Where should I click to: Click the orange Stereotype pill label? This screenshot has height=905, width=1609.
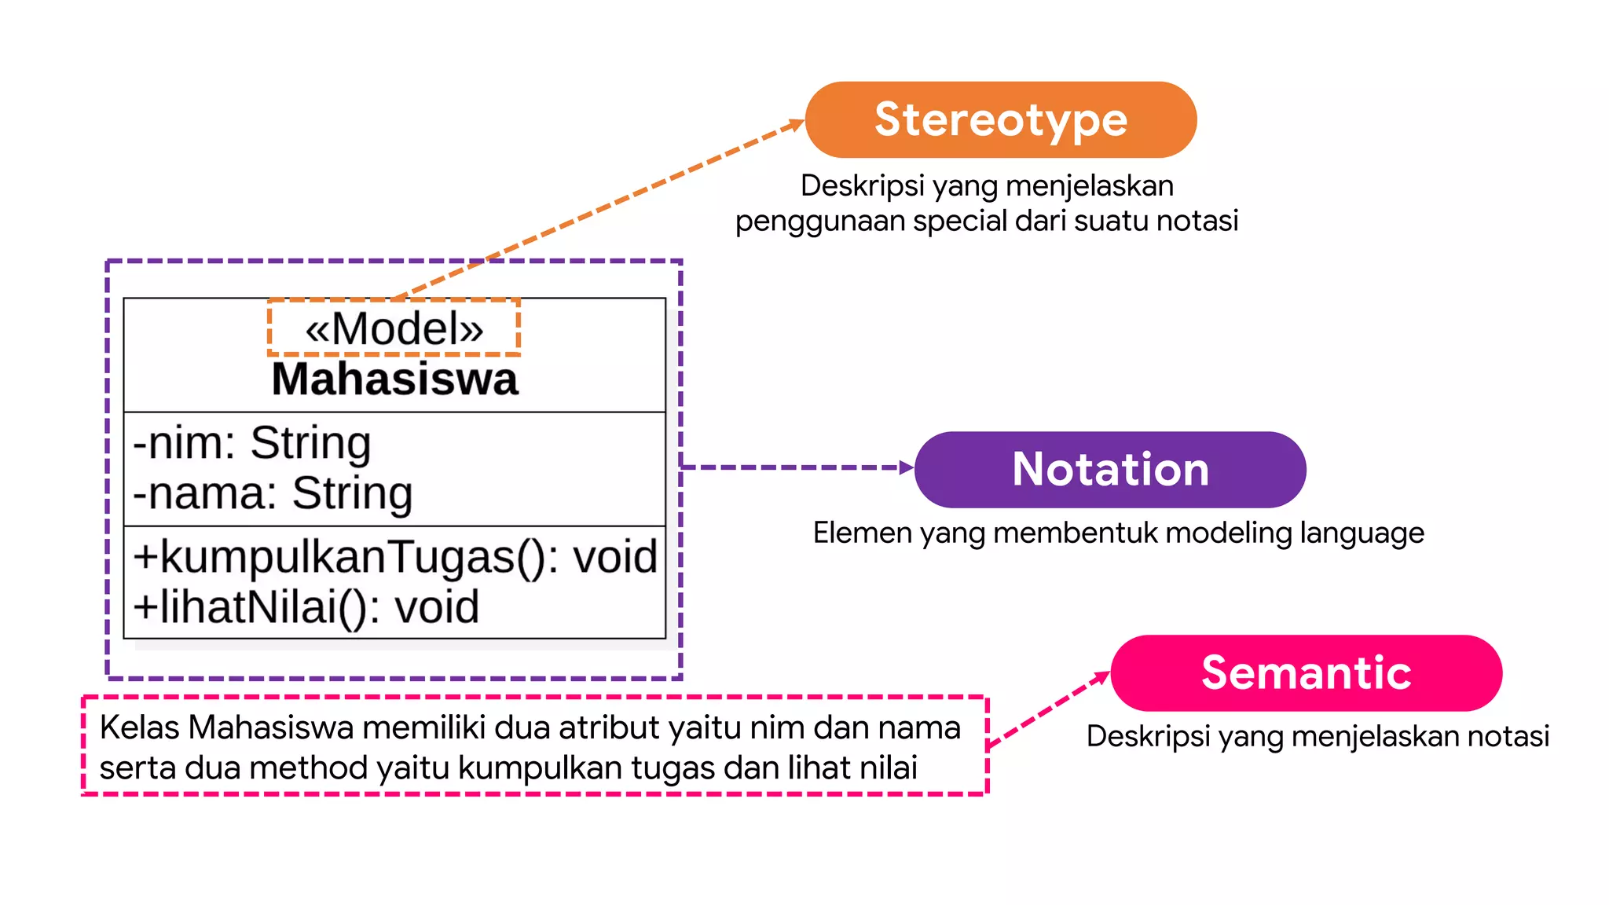1001,120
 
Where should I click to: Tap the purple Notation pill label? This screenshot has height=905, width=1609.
1110,470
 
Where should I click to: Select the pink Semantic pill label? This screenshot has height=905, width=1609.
1306,673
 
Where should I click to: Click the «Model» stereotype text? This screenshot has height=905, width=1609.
394,328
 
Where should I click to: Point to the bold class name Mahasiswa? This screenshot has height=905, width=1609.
394,379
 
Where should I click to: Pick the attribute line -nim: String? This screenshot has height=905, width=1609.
252,443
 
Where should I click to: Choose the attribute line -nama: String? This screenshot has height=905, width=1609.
273,493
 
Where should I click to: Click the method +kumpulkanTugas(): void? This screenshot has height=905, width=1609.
395,557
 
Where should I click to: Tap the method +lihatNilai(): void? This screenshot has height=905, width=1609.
306,607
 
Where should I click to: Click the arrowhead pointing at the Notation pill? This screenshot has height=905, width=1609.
907,467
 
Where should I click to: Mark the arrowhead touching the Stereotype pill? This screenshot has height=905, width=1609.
797,123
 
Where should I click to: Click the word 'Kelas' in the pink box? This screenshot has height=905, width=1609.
140,727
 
